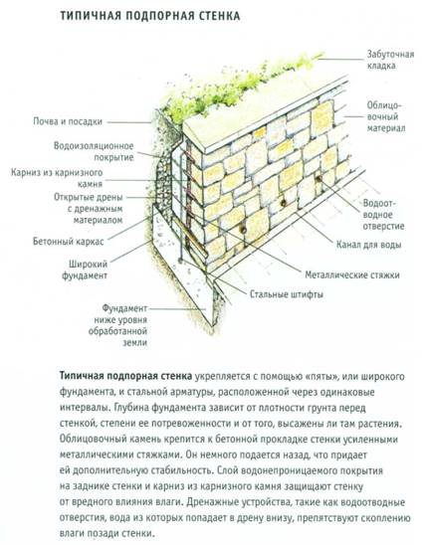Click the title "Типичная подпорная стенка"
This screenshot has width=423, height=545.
150,16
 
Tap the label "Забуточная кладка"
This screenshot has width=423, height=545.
390,60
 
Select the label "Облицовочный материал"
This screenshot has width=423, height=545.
386,116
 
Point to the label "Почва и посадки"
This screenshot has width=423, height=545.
68,121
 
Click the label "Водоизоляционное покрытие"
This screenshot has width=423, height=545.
94,151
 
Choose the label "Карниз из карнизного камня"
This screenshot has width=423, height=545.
57,178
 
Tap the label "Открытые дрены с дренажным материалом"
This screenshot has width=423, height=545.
89,209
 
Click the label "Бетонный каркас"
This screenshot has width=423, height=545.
69,242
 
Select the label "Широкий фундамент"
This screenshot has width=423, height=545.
85,270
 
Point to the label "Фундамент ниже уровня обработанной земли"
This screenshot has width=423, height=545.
117,325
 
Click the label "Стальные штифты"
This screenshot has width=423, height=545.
287,294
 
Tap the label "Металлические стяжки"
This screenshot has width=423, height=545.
352,274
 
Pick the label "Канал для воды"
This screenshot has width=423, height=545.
368,245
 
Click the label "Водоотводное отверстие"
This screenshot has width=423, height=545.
384,215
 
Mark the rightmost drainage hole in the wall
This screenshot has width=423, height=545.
318,179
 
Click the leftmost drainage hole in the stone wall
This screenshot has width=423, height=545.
244,230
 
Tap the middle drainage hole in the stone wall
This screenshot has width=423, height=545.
283,203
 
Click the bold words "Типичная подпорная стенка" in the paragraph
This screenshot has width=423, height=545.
125,376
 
